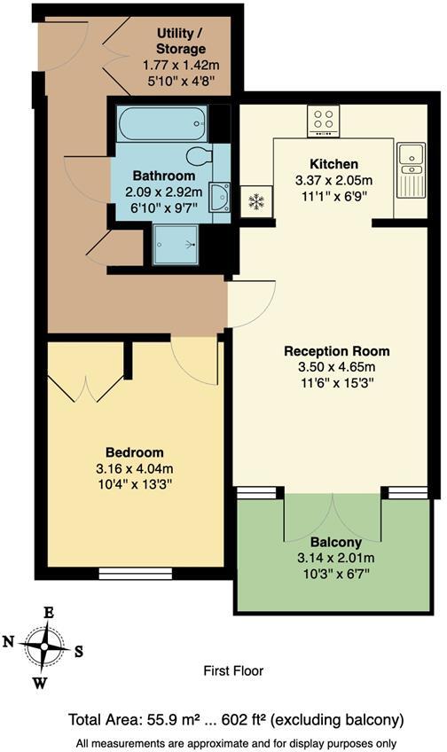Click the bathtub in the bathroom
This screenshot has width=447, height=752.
[161, 123]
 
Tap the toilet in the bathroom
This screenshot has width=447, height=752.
[200, 157]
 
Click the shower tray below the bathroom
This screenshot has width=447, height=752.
[176, 243]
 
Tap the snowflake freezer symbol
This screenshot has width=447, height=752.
[256, 201]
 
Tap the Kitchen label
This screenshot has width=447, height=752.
[333, 164]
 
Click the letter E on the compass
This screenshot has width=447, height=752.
[50, 613]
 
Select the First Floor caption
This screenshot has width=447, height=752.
[234, 671]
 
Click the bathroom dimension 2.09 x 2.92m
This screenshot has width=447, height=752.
[165, 192]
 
